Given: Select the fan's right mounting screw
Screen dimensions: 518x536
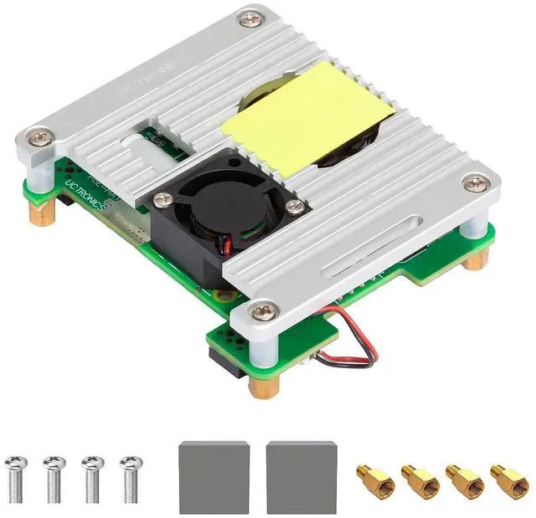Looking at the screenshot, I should click(292, 206).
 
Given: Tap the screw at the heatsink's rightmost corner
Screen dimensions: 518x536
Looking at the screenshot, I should click(477, 182).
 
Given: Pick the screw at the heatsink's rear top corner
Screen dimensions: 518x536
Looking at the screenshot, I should click(249, 18).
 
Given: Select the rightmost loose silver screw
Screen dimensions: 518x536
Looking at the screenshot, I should click(130, 479).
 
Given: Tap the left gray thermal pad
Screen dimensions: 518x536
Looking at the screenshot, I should click(214, 477).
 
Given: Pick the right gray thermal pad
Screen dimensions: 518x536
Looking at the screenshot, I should click(301, 477).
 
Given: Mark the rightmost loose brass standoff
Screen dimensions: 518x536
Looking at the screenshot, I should click(508, 480).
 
